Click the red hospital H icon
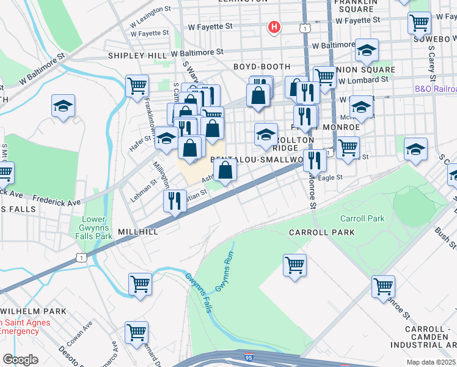pos(275,27)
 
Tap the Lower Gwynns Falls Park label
pos(98,228)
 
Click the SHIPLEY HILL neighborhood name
pos(137,56)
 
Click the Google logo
pos(20,359)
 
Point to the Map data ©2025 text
pos(431,362)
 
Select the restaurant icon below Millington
pos(175,201)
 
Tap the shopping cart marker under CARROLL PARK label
pos(294,265)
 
